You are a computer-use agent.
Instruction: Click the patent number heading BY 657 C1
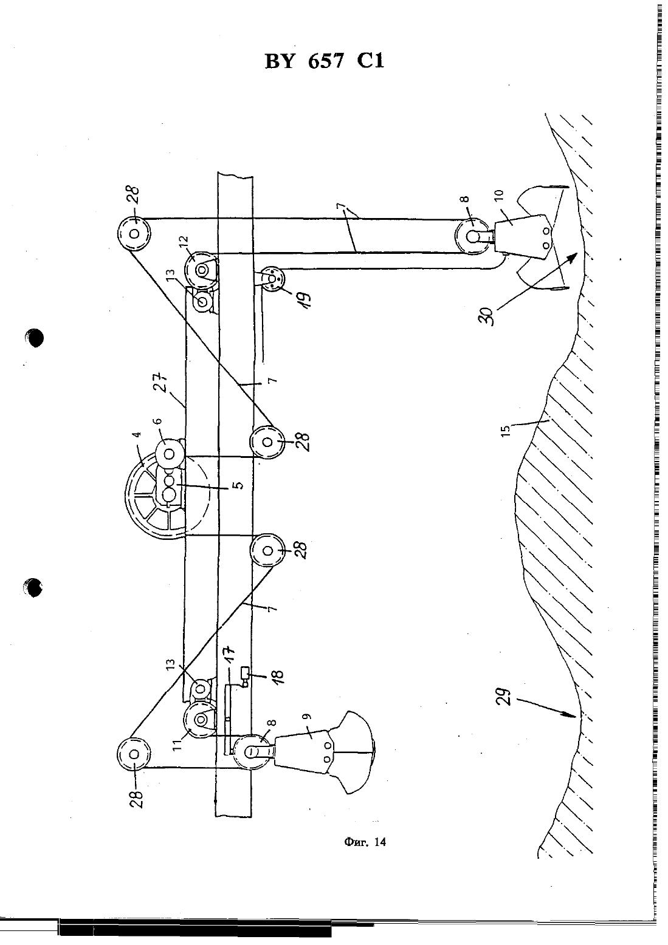pyautogui.click(x=325, y=61)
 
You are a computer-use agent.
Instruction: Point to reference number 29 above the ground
pyautogui.click(x=505, y=697)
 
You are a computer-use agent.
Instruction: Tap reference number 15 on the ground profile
pyautogui.click(x=506, y=431)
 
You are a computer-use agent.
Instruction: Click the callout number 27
pyautogui.click(x=164, y=382)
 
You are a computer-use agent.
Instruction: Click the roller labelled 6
pyautogui.click(x=170, y=454)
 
